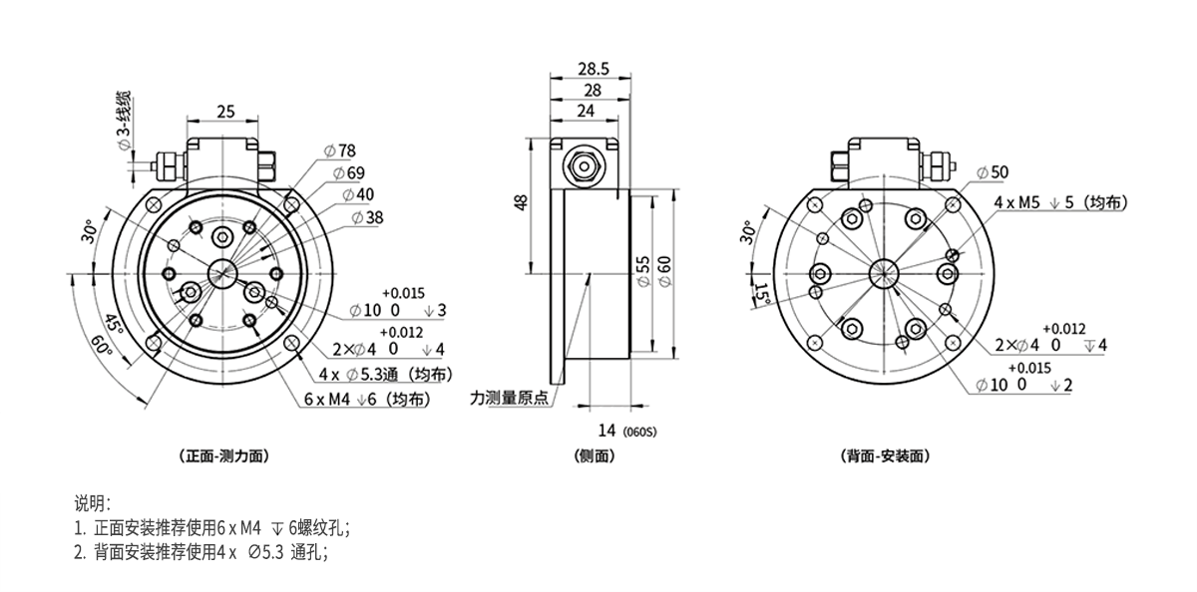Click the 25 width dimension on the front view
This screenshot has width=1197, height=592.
[225, 112]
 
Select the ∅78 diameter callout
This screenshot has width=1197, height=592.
[339, 151]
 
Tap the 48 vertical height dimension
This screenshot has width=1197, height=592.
[520, 203]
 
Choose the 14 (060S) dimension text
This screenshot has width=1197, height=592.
[625, 431]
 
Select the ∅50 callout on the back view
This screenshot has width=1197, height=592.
[992, 173]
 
